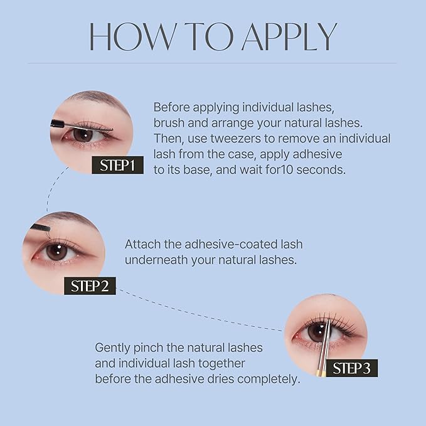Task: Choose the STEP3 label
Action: pos(352,368)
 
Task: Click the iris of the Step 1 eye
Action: pos(83,134)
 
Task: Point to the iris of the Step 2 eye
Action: pos(57,252)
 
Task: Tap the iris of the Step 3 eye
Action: pos(317,332)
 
